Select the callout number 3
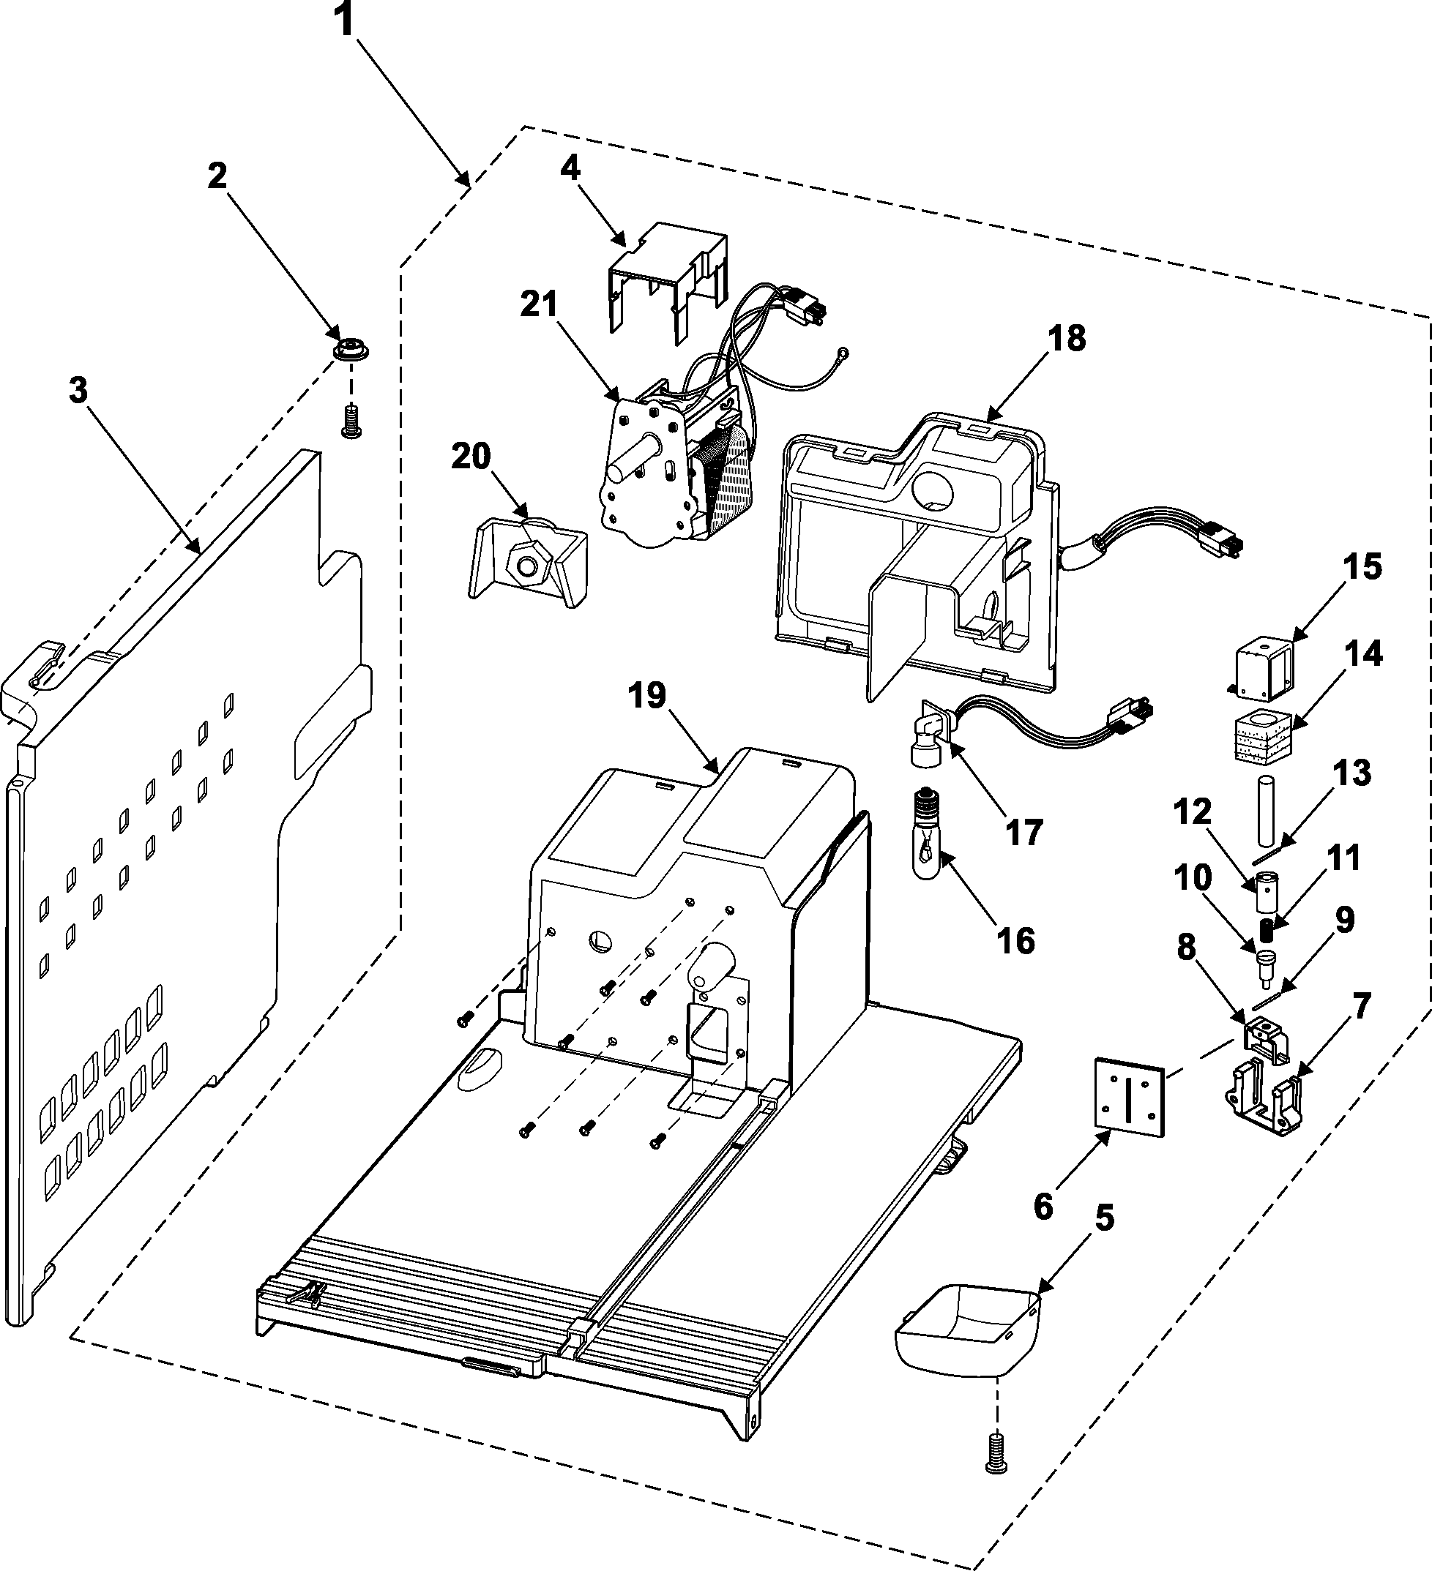click(x=78, y=391)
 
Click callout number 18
click(x=1067, y=339)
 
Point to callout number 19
click(x=648, y=695)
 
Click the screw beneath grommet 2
click(x=350, y=421)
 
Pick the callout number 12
click(x=1192, y=813)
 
